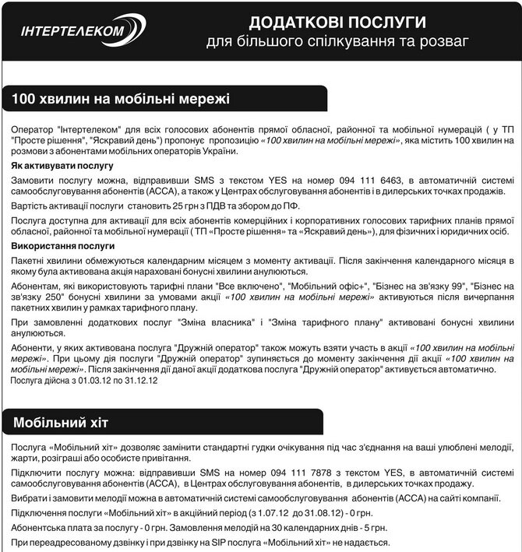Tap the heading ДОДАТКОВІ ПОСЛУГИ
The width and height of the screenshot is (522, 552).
point(337,20)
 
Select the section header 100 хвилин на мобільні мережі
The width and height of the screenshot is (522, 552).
point(120,99)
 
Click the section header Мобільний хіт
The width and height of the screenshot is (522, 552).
point(61,422)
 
